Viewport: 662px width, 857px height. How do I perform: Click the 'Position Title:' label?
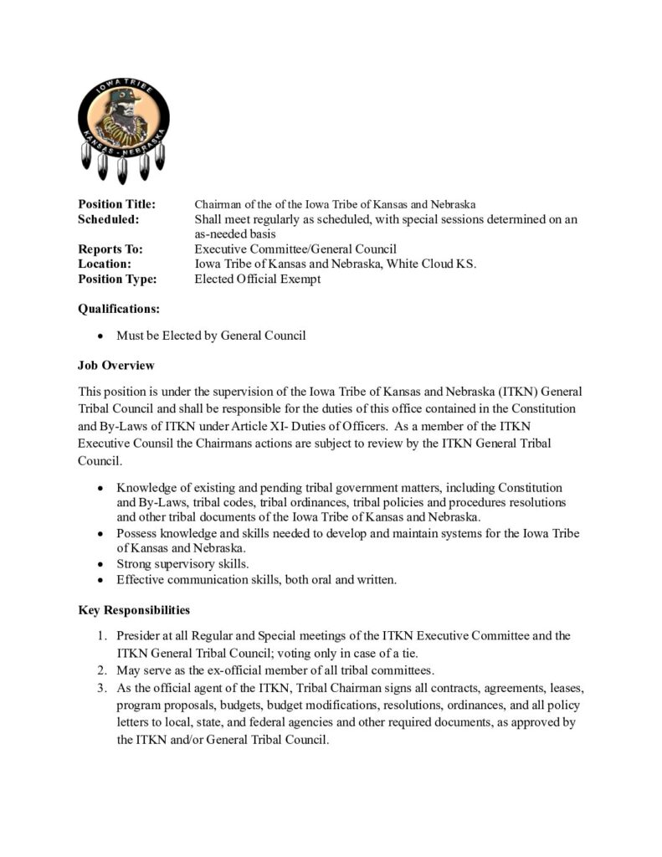[116, 204]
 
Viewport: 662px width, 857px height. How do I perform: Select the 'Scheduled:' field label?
[108, 219]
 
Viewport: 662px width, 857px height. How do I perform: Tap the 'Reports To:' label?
[110, 249]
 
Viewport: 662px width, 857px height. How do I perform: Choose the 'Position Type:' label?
[117, 280]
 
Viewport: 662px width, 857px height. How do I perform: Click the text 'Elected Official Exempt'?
[257, 280]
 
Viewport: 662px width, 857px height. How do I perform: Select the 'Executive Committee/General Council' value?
[295, 249]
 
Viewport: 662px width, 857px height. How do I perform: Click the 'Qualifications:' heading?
[118, 309]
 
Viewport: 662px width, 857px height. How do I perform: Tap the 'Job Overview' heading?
[115, 366]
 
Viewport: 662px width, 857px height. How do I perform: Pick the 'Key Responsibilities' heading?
[133, 610]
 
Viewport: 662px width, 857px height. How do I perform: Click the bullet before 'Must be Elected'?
[100, 336]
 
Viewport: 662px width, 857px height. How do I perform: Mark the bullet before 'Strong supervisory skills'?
[100, 564]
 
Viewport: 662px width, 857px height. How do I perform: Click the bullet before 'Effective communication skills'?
[100, 579]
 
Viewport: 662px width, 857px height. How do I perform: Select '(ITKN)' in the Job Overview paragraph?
[491, 392]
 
